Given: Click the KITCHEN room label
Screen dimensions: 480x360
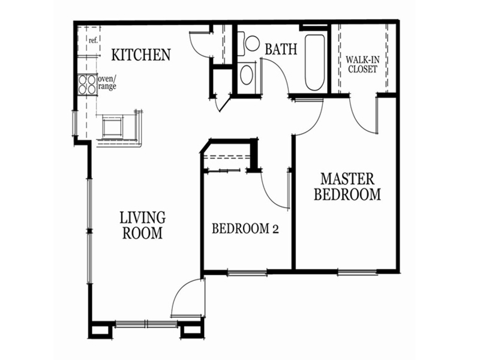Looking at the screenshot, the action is (141, 55).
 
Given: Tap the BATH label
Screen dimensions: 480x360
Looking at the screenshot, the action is (281, 49).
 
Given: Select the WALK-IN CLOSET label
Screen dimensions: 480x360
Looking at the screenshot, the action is (362, 64).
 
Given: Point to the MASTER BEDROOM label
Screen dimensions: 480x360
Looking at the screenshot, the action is (347, 187).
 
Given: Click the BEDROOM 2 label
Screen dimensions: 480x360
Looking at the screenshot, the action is (245, 229).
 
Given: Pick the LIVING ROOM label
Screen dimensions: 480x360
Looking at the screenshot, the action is (142, 225).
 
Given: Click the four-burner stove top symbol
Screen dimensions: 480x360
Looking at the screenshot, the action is (87, 85).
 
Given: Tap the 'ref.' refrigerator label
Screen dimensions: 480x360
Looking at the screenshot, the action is (93, 40).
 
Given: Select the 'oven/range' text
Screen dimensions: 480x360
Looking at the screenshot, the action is (107, 82).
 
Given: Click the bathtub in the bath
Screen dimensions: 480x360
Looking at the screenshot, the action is (314, 63).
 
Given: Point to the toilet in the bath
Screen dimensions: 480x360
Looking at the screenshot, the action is (248, 44).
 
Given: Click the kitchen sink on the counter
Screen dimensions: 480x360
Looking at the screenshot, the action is (112, 127).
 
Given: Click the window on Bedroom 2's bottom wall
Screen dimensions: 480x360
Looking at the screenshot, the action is (247, 272).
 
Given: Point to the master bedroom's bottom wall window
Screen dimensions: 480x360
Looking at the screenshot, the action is (357, 272).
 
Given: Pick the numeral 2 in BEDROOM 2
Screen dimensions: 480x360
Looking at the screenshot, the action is (275, 229).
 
